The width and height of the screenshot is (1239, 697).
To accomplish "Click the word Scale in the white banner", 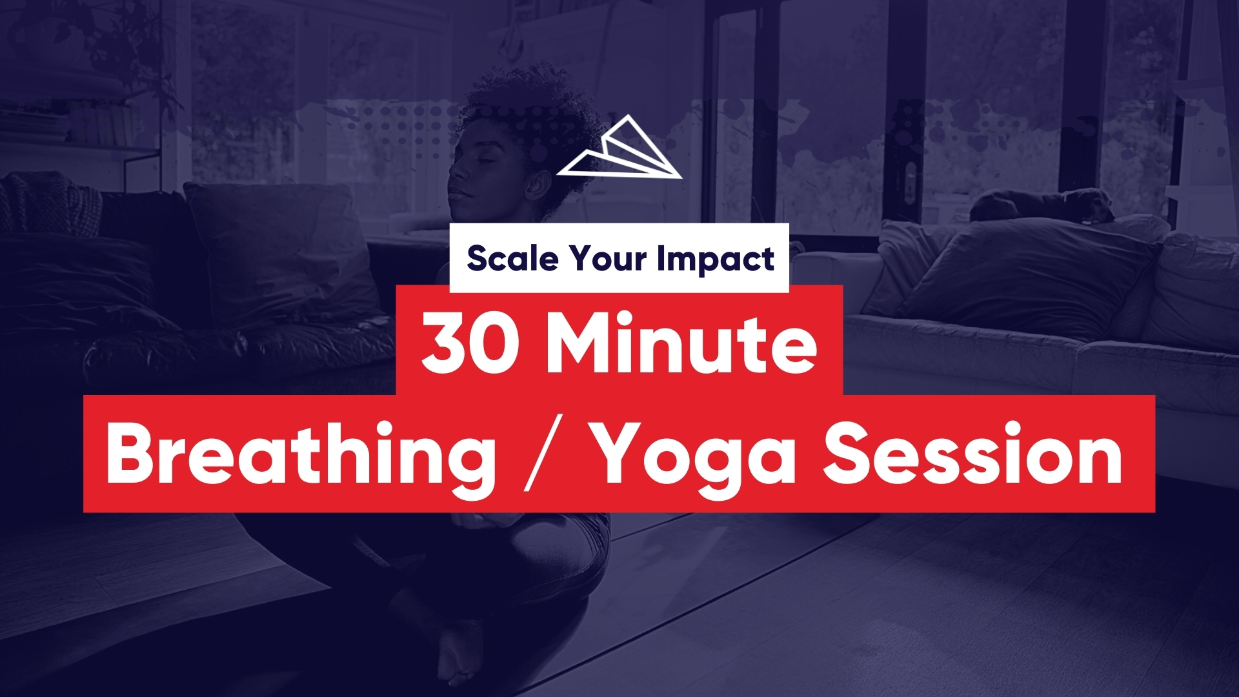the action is point(512,258).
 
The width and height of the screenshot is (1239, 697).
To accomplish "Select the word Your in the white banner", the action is point(608,258).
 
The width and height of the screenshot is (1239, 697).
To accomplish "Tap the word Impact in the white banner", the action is point(716,259).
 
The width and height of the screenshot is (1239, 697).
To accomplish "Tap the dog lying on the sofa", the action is point(1043,205).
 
